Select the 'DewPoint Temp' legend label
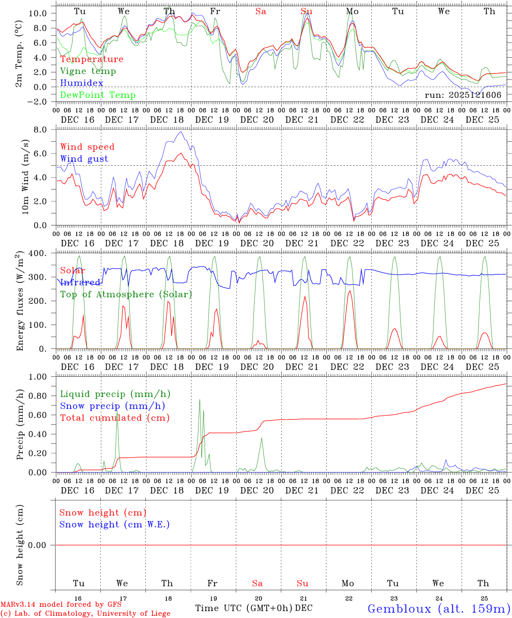coord(98,95)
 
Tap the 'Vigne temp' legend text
coord(88,71)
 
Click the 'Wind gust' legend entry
coord(84,159)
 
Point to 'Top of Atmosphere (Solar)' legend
coord(126,294)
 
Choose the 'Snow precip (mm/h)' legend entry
coord(112,406)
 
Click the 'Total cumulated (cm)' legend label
coord(114,418)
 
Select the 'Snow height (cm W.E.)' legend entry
coord(114,524)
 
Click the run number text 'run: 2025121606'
coord(463,95)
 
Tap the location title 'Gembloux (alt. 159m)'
coord(439,609)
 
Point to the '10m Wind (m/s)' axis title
coord(25,176)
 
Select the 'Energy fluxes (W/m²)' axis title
coord(20,302)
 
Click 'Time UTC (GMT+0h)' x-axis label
coord(244,608)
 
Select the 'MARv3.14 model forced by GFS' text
coord(60,605)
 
